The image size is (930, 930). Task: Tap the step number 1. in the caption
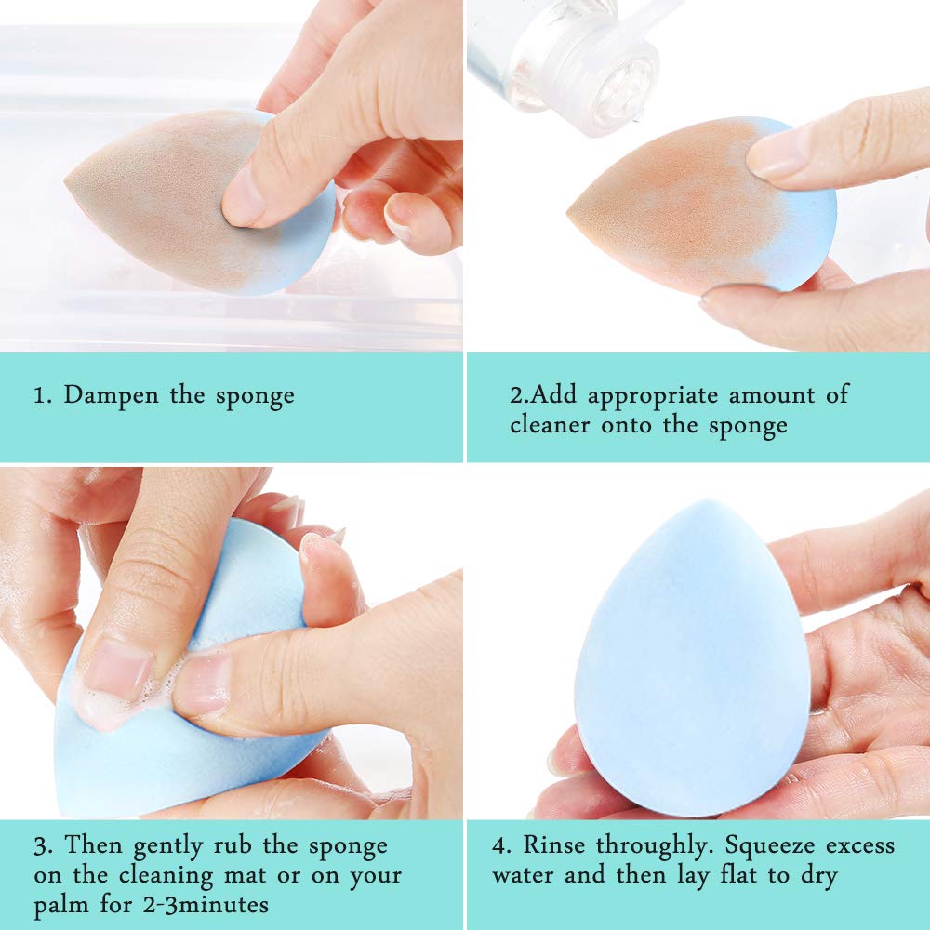(x=42, y=395)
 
